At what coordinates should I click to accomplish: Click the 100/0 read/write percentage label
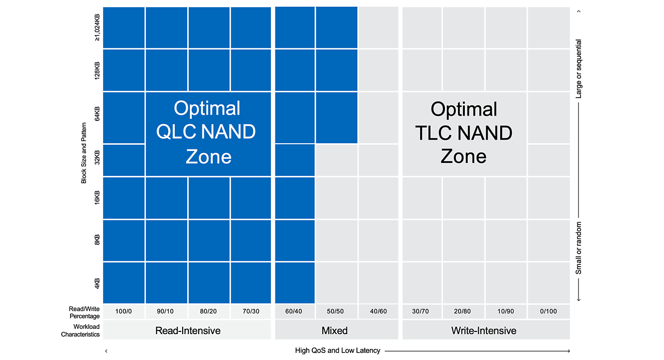(x=123, y=311)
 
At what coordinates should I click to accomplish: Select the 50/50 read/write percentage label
(x=336, y=311)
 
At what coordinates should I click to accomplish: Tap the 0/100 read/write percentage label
(x=548, y=311)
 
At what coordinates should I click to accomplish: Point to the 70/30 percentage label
(x=251, y=311)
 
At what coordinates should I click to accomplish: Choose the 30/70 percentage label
(x=422, y=311)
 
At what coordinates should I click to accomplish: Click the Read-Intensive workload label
(x=188, y=330)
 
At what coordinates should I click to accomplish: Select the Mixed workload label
(x=335, y=330)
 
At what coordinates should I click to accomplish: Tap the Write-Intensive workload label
(x=484, y=330)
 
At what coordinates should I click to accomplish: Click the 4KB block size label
(x=98, y=283)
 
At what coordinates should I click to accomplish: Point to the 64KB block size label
(x=98, y=114)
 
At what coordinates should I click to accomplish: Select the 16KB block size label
(x=98, y=198)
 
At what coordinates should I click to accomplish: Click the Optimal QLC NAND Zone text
(x=208, y=132)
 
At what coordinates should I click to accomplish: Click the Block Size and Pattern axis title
(x=84, y=155)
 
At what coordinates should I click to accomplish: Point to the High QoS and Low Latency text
(x=337, y=351)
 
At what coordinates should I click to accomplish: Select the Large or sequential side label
(x=579, y=68)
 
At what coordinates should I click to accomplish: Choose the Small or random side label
(x=579, y=248)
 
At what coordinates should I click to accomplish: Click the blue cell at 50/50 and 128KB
(x=336, y=70)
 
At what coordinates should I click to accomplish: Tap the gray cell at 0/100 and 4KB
(x=548, y=283)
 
